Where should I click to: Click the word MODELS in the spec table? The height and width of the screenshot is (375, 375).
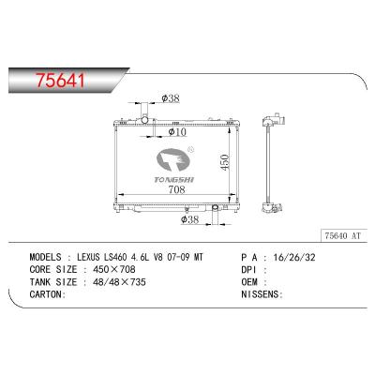tap(46, 256)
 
